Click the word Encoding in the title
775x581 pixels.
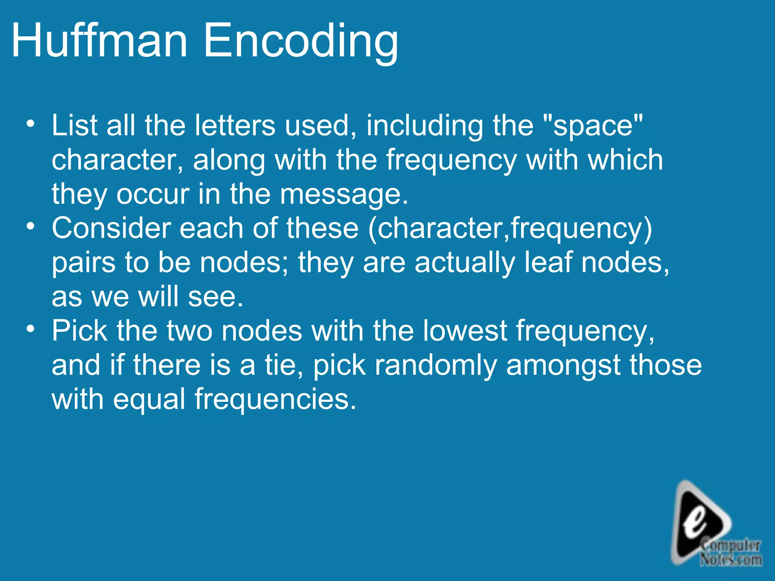(x=301, y=42)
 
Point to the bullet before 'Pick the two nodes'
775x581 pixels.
(x=31, y=329)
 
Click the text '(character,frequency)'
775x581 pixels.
(x=510, y=229)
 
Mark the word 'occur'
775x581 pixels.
(x=153, y=194)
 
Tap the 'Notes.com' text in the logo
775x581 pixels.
(x=731, y=559)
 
